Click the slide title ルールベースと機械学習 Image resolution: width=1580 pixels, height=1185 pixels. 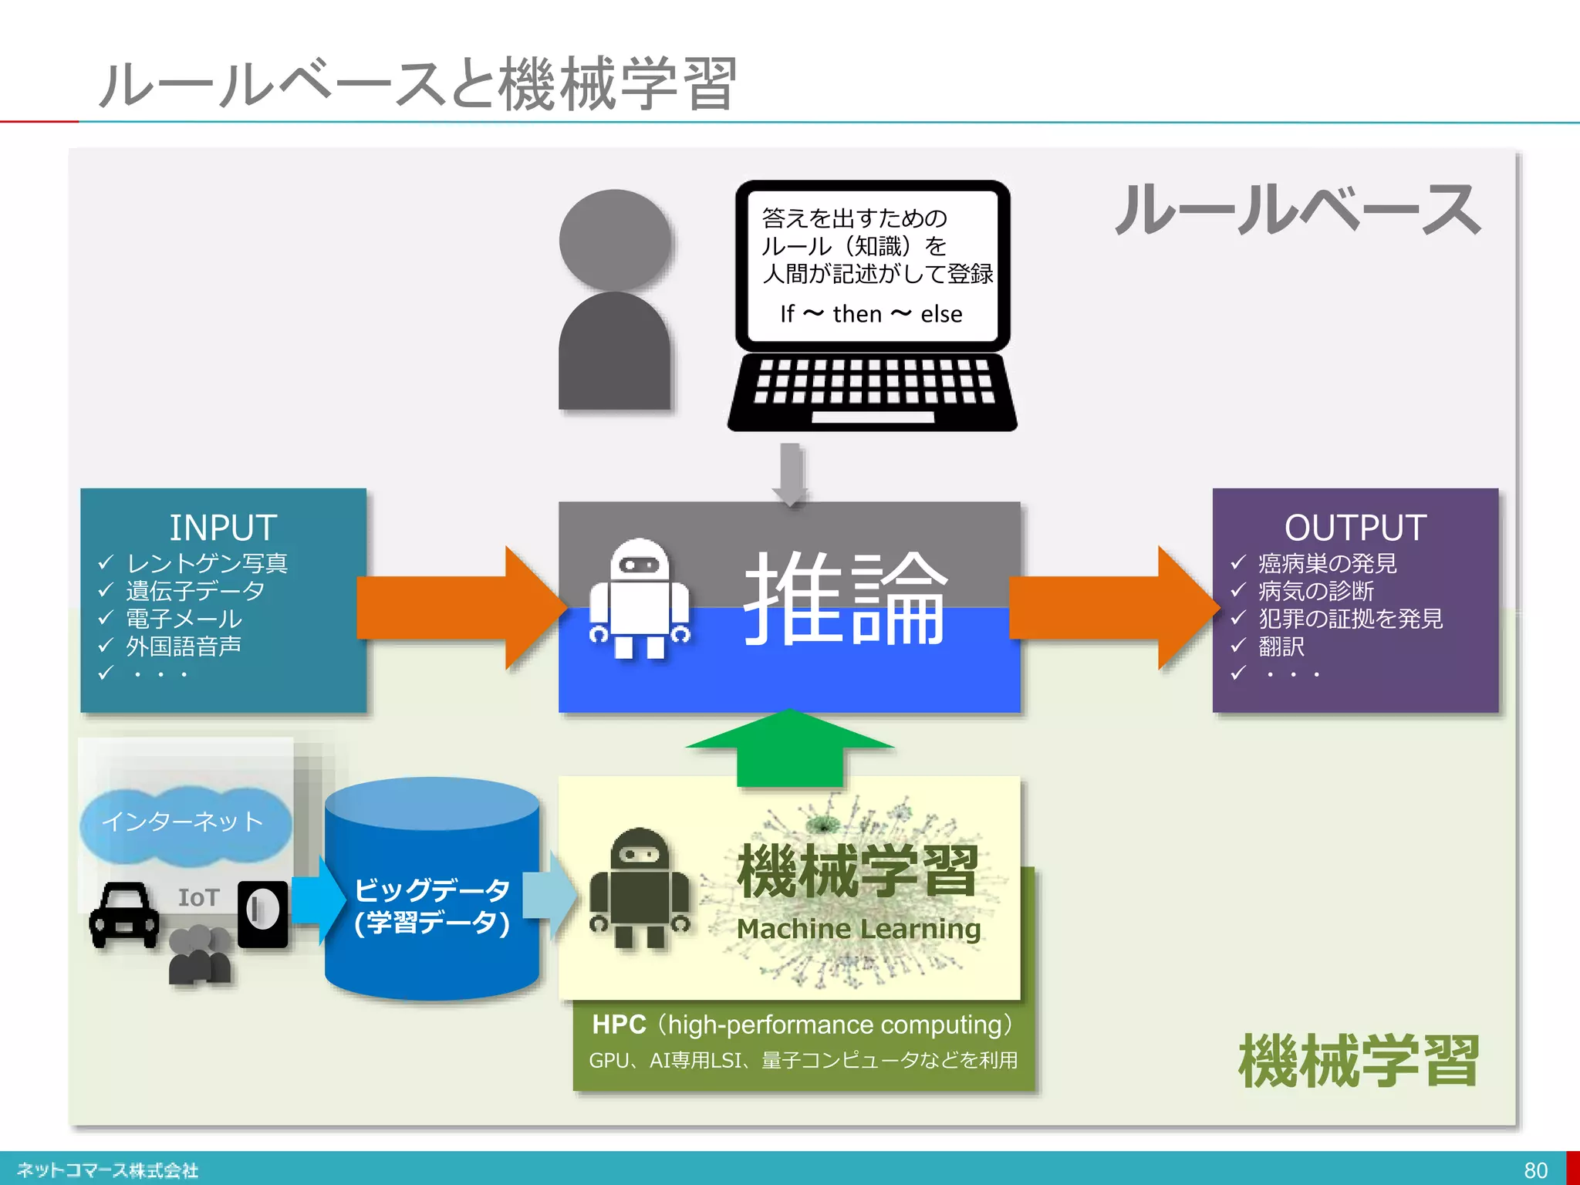[417, 83]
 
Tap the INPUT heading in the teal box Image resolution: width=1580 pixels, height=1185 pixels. [223, 528]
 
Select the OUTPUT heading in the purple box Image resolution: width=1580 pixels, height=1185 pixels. [1355, 528]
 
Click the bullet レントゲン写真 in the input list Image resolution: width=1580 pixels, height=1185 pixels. [207, 563]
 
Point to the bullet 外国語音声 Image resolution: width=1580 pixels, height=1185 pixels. [184, 646]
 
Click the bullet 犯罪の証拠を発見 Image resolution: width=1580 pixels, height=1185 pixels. [1350, 619]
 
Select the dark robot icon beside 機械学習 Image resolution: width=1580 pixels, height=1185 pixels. [639, 887]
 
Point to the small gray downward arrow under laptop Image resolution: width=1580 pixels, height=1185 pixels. [790, 473]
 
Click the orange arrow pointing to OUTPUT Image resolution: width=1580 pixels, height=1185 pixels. [1111, 607]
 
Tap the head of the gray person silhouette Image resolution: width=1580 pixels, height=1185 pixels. [615, 240]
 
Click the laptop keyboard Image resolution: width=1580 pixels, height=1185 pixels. [873, 382]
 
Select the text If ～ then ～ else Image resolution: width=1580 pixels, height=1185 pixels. [871, 314]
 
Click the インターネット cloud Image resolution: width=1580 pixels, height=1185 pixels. [184, 822]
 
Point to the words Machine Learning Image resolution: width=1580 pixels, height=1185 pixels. [858, 929]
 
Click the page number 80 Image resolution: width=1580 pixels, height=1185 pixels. [1534, 1170]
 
